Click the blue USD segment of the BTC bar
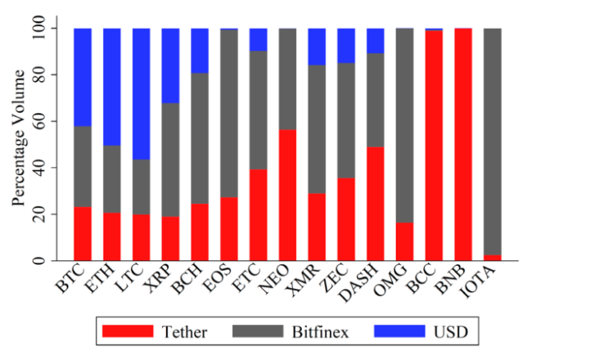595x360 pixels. (83, 77)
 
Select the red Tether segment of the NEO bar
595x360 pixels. (288, 195)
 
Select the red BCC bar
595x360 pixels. (435, 146)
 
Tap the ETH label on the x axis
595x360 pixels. (110, 281)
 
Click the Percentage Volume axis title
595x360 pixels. (18, 144)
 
